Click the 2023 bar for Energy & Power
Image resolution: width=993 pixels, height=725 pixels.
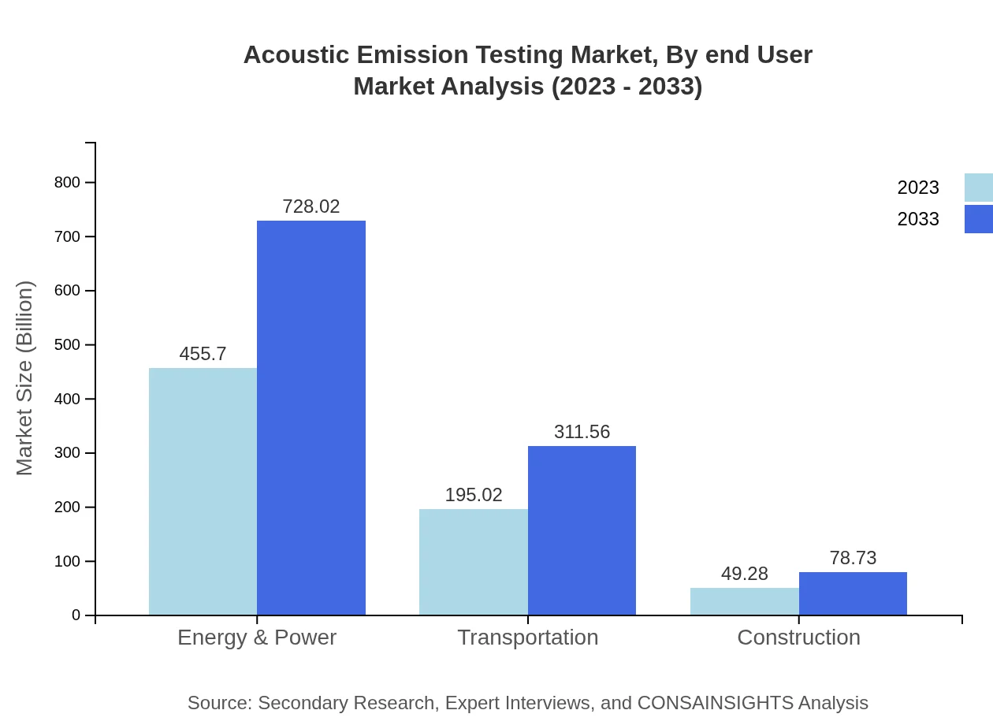tap(203, 491)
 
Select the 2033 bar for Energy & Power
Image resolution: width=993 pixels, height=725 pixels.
tap(311, 418)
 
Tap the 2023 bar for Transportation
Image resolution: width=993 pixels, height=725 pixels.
tap(473, 562)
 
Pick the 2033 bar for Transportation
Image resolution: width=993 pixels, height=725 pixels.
tap(582, 530)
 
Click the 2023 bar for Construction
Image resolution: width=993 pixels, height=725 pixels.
tap(744, 601)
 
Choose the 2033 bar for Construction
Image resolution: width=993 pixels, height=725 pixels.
tap(853, 593)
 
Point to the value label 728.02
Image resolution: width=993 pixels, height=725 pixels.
tap(311, 206)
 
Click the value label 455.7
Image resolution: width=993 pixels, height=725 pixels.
tap(203, 354)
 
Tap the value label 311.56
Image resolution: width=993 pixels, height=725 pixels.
tap(582, 432)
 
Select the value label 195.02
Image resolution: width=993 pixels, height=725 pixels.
tap(473, 495)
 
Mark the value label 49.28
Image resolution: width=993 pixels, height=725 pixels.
tap(744, 574)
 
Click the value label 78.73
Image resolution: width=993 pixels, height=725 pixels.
tap(853, 558)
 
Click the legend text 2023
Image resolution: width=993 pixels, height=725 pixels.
tap(917, 188)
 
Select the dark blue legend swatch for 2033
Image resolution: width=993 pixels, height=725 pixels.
tap(978, 219)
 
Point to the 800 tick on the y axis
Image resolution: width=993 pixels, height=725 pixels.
tap(67, 182)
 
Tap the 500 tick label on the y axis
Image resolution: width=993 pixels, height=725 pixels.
tap(67, 344)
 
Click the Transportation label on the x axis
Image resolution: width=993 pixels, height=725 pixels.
tap(527, 637)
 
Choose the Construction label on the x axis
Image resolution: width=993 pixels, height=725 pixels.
tap(798, 637)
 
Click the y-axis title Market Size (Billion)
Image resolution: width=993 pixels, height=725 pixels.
tap(24, 378)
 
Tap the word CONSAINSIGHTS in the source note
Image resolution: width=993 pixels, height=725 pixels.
tap(715, 702)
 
